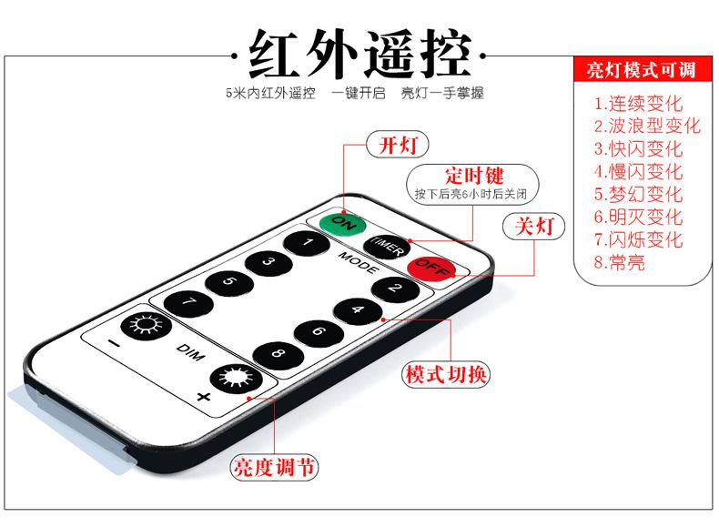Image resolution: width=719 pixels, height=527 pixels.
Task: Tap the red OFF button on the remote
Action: (x=430, y=268)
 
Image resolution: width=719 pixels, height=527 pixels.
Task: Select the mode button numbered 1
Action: (x=307, y=243)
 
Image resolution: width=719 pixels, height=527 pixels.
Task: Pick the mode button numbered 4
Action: (x=357, y=309)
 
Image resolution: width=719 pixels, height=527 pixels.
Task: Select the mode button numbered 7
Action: (x=188, y=302)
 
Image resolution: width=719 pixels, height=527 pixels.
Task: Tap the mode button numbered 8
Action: (x=276, y=353)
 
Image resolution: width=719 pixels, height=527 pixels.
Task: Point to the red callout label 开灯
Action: (x=398, y=144)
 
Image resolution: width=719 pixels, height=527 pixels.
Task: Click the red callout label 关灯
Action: (x=534, y=226)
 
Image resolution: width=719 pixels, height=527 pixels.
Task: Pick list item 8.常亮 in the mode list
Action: (x=620, y=262)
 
